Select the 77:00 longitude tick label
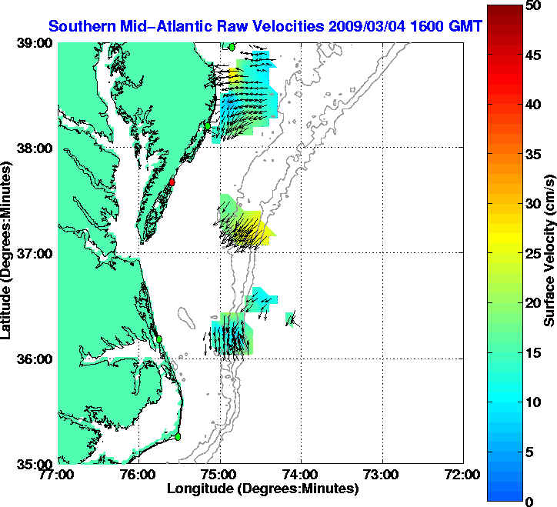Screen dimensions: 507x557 58,475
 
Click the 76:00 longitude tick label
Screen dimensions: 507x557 139,475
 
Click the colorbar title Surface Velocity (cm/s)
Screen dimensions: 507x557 549,251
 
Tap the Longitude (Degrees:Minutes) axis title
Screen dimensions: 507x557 262,488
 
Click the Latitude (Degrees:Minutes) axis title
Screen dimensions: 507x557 7,253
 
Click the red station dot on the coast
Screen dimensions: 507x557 173,182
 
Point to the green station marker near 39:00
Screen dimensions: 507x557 232,47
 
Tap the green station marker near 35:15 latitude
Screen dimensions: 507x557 178,436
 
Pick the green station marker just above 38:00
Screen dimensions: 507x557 208,125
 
